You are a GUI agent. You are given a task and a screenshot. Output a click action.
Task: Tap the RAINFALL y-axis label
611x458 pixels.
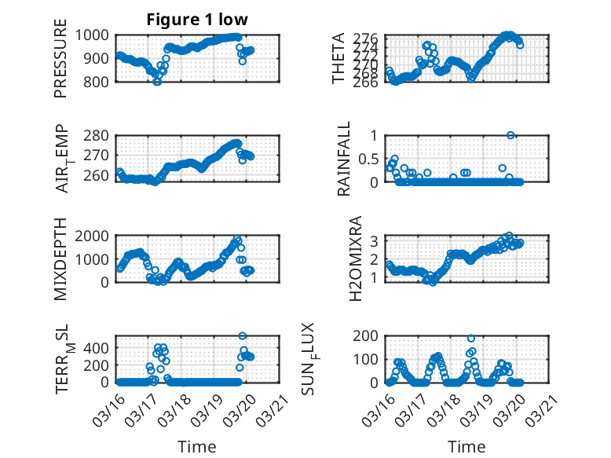tap(344, 159)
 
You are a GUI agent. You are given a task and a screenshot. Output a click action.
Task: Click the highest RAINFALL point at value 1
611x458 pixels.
tap(510, 135)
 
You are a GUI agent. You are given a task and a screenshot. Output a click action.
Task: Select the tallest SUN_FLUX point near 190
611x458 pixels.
tap(471, 339)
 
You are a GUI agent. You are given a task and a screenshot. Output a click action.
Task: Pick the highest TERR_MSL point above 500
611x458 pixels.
tap(243, 336)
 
